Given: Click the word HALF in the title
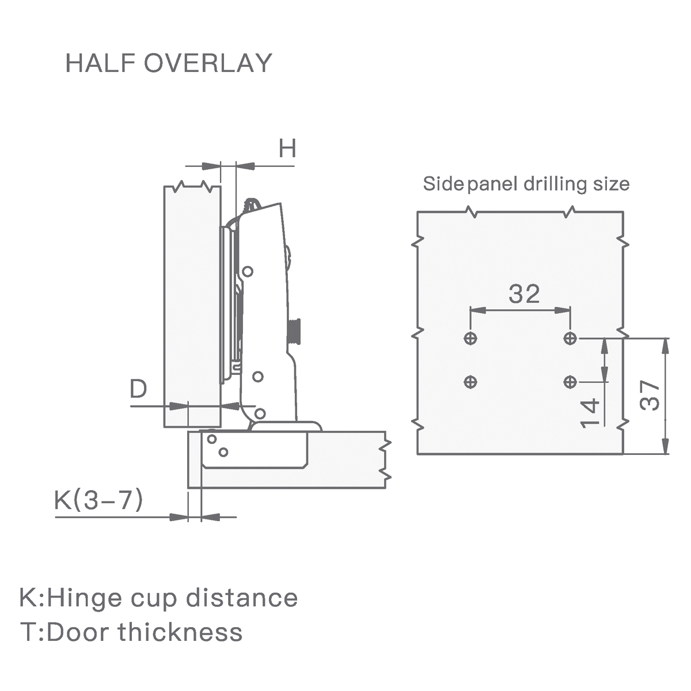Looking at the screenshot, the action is pyautogui.click(x=100, y=63).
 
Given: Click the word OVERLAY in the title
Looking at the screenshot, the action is pyautogui.click(x=208, y=63).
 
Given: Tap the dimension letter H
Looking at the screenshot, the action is pyautogui.click(x=287, y=148).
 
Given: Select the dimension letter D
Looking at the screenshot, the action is pyautogui.click(x=138, y=388).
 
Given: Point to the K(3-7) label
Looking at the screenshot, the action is pyautogui.click(x=98, y=500).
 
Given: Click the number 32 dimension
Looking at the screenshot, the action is pyautogui.click(x=524, y=294).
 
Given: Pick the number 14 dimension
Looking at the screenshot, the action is pyautogui.click(x=590, y=413).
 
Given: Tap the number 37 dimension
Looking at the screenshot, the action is pyautogui.click(x=650, y=396).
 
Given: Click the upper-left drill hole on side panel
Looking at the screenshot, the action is pyautogui.click(x=470, y=338).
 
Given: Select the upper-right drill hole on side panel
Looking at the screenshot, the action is pyautogui.click(x=570, y=338).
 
